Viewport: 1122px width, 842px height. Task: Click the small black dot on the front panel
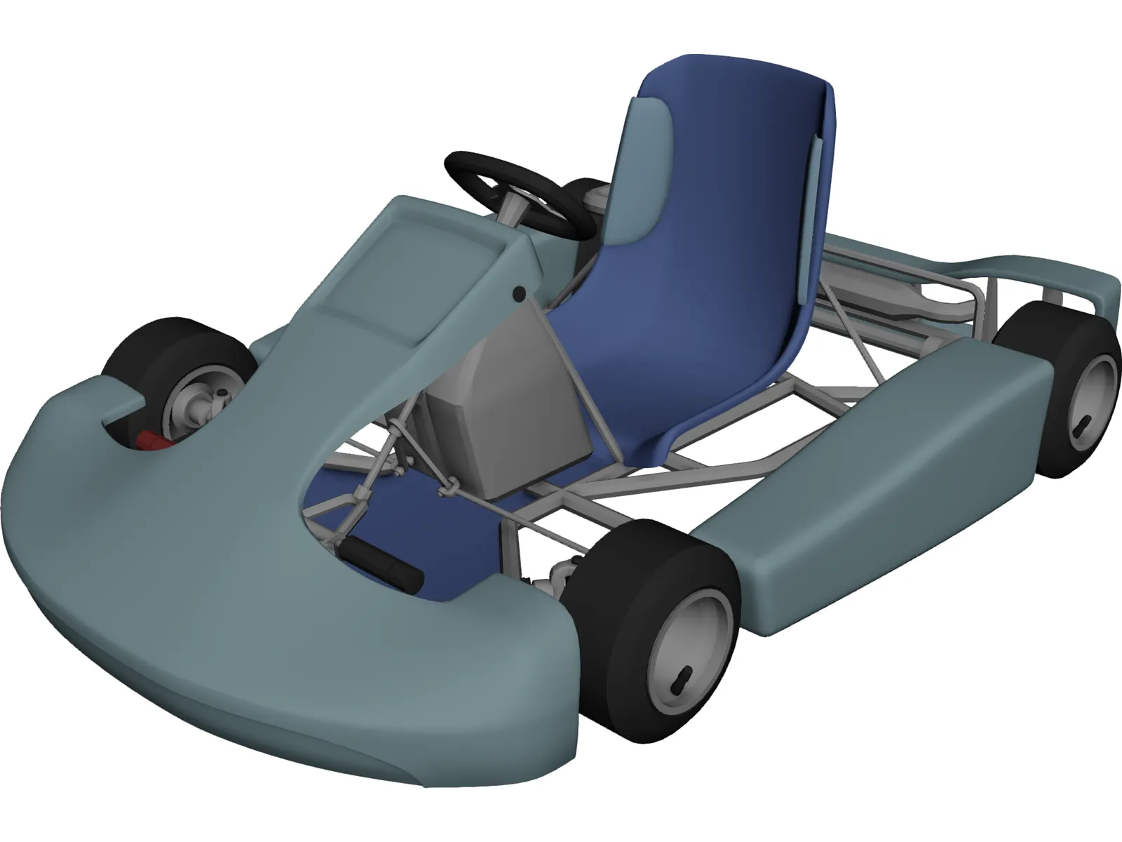pyautogui.click(x=518, y=293)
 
